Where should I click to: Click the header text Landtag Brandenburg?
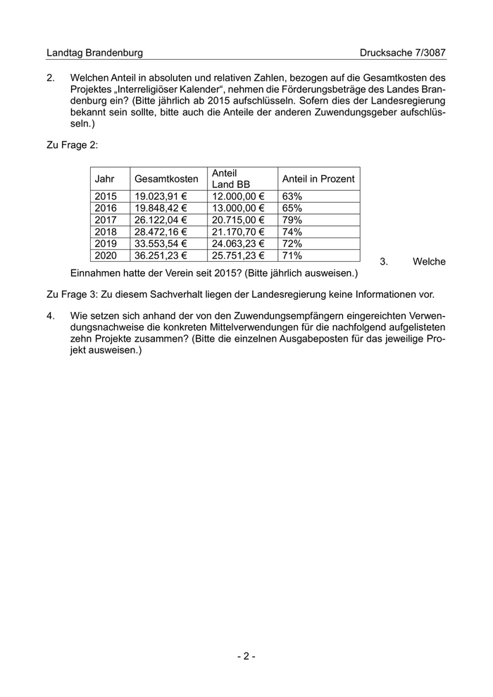(x=94, y=53)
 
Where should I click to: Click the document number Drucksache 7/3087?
(x=402, y=53)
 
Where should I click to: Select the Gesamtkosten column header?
(x=166, y=179)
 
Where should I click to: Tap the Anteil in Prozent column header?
(x=318, y=179)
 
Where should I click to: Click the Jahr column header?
(x=104, y=179)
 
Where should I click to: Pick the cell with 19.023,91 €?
(x=161, y=196)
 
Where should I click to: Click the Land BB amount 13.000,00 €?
(x=238, y=208)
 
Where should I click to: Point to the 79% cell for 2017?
(x=292, y=220)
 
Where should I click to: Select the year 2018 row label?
(x=106, y=232)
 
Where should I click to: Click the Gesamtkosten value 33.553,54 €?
(x=161, y=244)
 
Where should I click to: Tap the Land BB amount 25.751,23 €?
(x=238, y=256)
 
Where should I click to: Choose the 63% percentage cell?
(x=292, y=196)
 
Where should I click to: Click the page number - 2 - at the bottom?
(x=246, y=656)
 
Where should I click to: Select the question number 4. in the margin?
(x=51, y=316)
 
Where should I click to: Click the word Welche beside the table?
(x=429, y=261)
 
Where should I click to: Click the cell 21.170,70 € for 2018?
(x=238, y=232)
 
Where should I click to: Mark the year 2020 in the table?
(x=106, y=256)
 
